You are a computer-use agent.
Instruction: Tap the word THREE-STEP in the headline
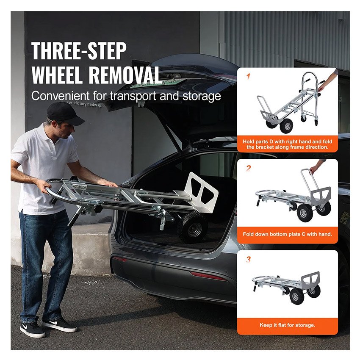pyautogui.click(x=79, y=51)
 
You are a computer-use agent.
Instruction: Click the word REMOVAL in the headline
pyautogui.click(x=125, y=75)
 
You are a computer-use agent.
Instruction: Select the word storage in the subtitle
pyautogui.click(x=202, y=96)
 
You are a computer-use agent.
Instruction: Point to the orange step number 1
pyautogui.click(x=248, y=76)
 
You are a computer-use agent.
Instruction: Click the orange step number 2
pyautogui.click(x=249, y=168)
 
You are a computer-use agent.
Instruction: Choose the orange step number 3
pyautogui.click(x=249, y=260)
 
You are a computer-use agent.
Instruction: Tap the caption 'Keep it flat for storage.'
pyautogui.click(x=288, y=325)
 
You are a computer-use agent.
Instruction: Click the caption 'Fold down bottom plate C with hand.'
pyautogui.click(x=288, y=234)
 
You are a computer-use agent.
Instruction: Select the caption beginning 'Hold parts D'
pyautogui.click(x=288, y=144)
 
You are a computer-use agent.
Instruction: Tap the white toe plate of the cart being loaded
pyautogui.click(x=200, y=190)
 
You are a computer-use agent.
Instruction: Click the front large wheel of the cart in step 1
pyautogui.click(x=286, y=126)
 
